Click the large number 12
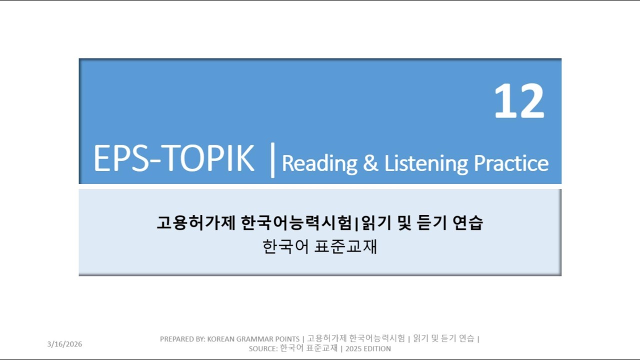tap(519, 102)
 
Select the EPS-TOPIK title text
tap(173, 159)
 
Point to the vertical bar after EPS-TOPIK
tap(272, 160)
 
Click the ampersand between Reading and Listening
tap(370, 163)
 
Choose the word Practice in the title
tap(510, 163)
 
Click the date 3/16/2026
tap(64, 344)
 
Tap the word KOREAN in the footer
tap(221, 339)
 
